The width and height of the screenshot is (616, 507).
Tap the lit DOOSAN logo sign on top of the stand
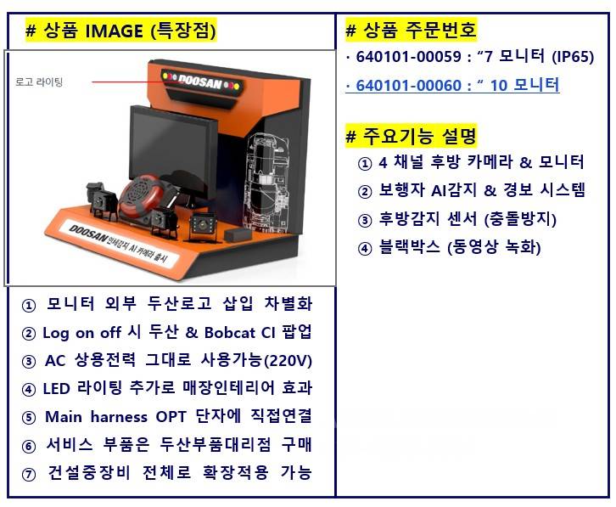coord(204,81)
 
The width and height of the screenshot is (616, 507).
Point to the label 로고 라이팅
coord(39,82)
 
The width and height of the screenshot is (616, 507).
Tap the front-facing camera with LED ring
coord(203,224)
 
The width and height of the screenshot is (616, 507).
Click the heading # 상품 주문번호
coord(412,31)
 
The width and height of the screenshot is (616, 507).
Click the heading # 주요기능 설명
coord(412,135)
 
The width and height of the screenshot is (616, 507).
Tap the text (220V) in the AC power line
coord(288,360)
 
